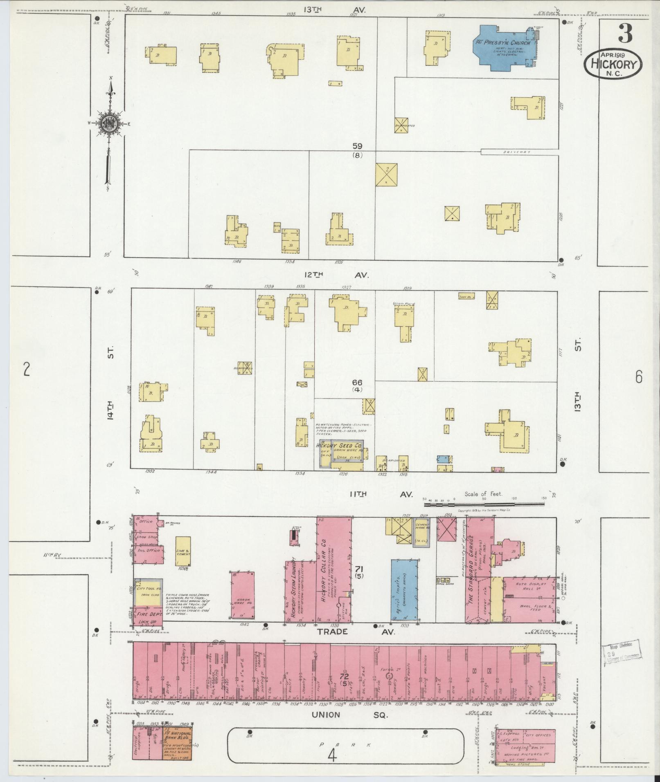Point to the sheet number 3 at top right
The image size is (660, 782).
point(625,34)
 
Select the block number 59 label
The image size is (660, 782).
point(357,146)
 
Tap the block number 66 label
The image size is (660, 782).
point(357,383)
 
